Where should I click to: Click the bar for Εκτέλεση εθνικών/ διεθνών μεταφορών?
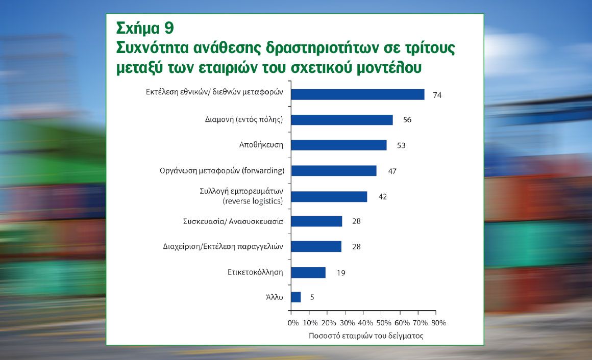tap(358, 94)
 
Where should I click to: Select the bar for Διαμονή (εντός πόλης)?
tap(342, 120)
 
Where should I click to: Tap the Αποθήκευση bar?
tap(339, 145)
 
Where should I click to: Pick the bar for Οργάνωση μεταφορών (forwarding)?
tap(334, 170)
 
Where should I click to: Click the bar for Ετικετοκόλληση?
tap(308, 272)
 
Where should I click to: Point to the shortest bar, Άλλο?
tap(296, 297)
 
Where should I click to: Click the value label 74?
tap(437, 95)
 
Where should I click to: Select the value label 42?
tap(383, 197)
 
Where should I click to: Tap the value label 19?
tap(341, 273)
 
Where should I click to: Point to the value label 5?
tap(312, 297)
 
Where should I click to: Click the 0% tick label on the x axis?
tap(293, 323)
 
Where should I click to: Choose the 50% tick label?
tap(384, 323)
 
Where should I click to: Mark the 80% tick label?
tap(439, 323)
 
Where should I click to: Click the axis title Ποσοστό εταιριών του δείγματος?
tap(366, 336)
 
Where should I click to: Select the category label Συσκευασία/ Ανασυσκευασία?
tap(233, 221)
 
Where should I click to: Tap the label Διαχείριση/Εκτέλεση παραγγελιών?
tap(223, 247)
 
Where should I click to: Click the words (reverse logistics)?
tap(253, 201)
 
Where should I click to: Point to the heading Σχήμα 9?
tap(145, 29)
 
